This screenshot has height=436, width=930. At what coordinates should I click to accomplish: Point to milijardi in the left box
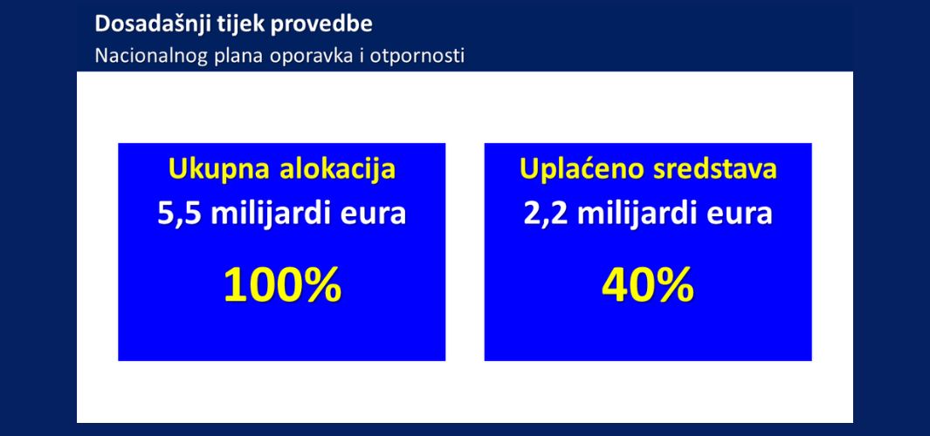(272, 214)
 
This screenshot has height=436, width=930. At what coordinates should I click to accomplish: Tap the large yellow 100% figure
(283, 285)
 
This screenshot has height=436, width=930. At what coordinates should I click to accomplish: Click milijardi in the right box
(639, 214)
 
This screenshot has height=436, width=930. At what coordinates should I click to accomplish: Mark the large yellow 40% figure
(648, 285)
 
